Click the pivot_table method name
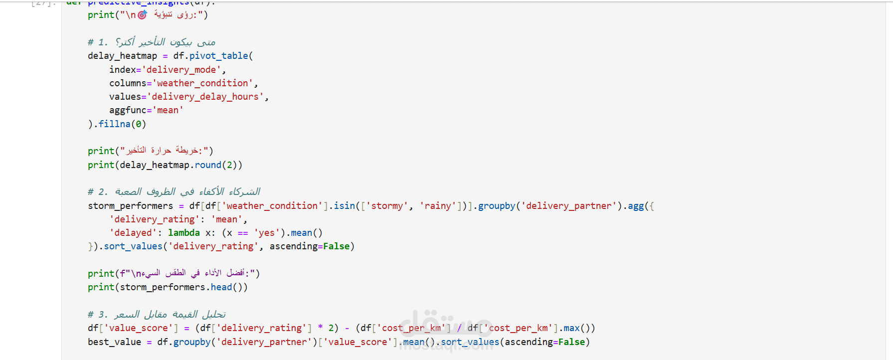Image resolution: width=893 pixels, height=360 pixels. tap(218, 56)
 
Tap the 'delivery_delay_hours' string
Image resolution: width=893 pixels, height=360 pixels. tap(205, 97)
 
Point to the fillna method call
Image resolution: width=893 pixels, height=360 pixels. tap(114, 124)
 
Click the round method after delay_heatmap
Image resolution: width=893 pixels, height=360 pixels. tap(208, 165)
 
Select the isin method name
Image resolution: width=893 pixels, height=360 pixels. tap(344, 206)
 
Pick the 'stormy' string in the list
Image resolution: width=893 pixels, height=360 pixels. tap(387, 206)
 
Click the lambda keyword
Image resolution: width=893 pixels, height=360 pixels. tap(183, 233)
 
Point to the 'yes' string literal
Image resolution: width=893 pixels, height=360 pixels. tap(266, 233)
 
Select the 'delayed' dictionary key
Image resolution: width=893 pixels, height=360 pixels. tap(131, 233)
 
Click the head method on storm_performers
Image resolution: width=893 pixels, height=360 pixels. tap(221, 287)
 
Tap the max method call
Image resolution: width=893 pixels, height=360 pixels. tap(571, 328)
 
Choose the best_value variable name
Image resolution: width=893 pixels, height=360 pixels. tap(114, 342)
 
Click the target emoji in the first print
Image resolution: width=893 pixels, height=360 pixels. tap(142, 15)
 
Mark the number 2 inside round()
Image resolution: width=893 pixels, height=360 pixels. tap(229, 165)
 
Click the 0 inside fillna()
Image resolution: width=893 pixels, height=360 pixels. tap(138, 124)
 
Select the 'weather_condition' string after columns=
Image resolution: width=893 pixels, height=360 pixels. tap(202, 83)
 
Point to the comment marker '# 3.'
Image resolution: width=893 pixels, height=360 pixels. tap(97, 315)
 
